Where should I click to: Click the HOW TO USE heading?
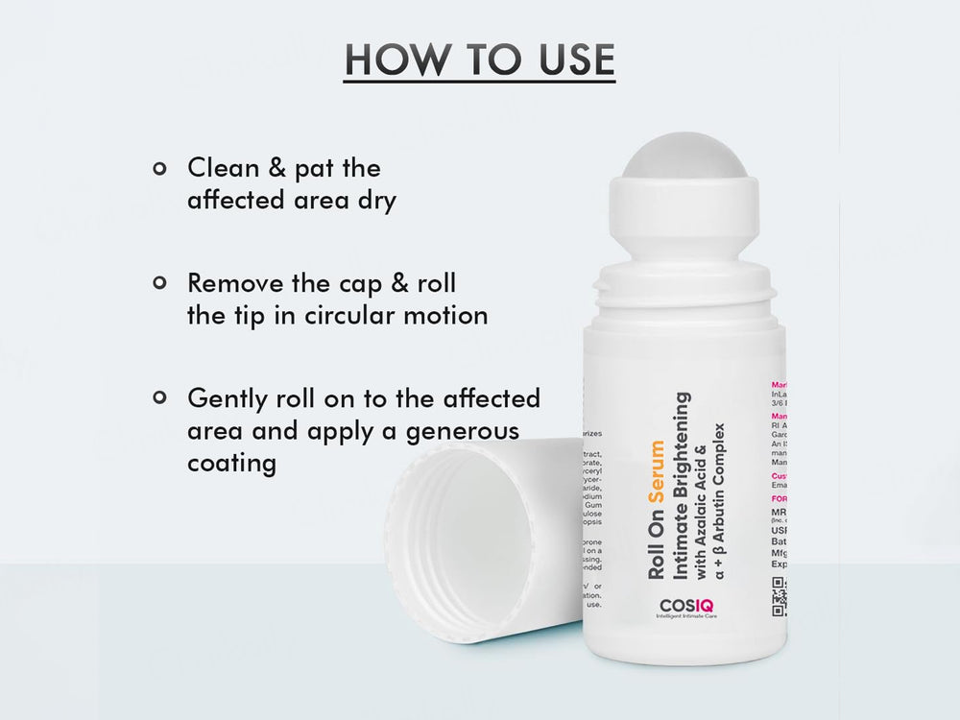(479, 60)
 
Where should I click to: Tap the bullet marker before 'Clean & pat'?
(159, 169)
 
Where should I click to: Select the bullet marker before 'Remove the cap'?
(159, 284)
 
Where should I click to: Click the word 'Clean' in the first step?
(223, 169)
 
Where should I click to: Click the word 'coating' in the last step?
(232, 464)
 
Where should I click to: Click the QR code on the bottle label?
(779, 596)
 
